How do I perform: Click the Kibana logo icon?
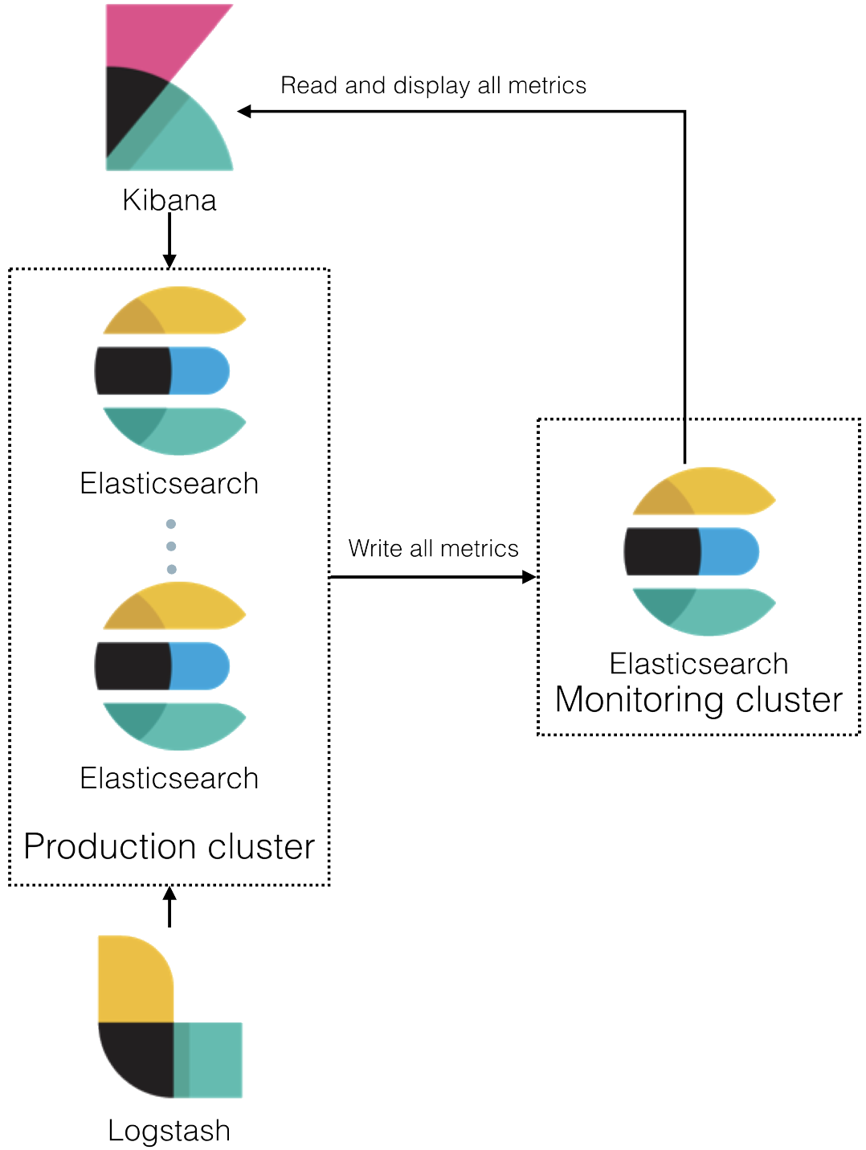tap(169, 88)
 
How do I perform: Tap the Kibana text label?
tap(170, 199)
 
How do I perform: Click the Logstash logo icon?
tap(170, 1017)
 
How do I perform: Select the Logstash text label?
tap(169, 1131)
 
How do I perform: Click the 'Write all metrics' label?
tap(433, 549)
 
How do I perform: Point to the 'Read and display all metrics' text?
tap(434, 85)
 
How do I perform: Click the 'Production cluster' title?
tap(169, 847)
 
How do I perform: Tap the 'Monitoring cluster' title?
tap(699, 700)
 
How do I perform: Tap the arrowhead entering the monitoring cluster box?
tap(529, 577)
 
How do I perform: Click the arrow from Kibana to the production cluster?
tap(169, 237)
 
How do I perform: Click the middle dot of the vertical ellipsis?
tap(171, 546)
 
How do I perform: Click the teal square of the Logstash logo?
tap(213, 1059)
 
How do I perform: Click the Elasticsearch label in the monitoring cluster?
tap(699, 663)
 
